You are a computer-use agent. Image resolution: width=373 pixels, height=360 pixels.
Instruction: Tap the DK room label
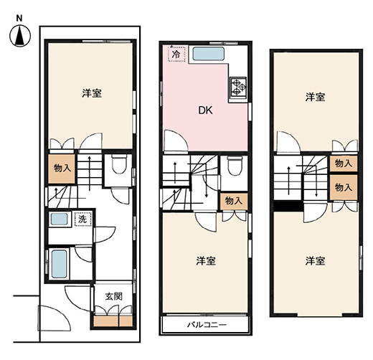205,110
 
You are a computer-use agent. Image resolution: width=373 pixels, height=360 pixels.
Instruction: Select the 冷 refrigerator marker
176,55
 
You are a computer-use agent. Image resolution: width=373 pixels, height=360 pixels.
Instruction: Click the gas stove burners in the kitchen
238,87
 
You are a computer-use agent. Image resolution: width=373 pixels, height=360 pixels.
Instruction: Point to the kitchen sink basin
209,54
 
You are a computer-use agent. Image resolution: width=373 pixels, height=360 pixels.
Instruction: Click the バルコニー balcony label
207,325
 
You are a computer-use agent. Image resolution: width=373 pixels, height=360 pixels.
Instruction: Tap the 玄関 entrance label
114,296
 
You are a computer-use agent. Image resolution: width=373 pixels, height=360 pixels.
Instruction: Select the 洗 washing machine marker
82,219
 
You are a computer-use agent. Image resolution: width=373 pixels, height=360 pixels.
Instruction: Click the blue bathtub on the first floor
59,264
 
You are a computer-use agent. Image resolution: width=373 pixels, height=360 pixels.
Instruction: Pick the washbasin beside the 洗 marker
59,219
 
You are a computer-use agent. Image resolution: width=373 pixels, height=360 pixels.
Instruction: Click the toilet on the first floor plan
119,164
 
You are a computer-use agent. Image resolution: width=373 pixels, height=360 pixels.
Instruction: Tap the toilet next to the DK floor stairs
235,166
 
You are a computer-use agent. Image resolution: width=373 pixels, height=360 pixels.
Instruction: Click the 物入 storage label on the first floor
62,169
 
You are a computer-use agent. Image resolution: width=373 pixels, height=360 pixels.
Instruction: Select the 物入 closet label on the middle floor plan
234,201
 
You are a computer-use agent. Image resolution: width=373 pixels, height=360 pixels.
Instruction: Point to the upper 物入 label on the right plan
344,164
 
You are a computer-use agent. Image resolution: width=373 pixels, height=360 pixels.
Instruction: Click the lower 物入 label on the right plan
344,187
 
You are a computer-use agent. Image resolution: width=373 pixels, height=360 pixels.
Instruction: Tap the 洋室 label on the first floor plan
92,93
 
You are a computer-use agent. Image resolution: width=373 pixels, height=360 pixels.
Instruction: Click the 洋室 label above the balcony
206,261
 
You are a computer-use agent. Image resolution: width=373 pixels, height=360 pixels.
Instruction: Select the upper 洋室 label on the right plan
315,98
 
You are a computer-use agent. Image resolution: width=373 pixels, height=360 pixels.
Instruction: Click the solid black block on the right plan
288,207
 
